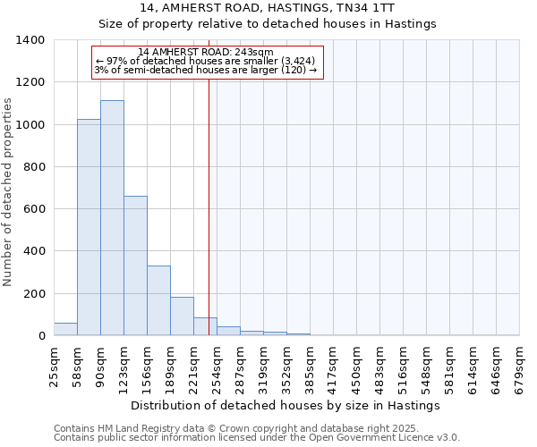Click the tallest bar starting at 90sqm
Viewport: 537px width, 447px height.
(x=112, y=218)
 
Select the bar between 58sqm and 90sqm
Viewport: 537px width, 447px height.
(x=89, y=227)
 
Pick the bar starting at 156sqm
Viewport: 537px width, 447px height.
(x=158, y=300)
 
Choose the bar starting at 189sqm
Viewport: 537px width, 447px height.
(x=182, y=316)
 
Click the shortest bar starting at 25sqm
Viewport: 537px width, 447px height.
(x=65, y=329)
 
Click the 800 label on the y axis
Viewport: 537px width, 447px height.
(x=34, y=167)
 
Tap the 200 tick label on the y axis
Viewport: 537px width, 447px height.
(x=34, y=294)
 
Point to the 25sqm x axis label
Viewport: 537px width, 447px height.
(x=55, y=365)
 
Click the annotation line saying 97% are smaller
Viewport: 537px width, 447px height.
(x=205, y=61)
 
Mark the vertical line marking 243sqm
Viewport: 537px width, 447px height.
(x=209, y=206)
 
